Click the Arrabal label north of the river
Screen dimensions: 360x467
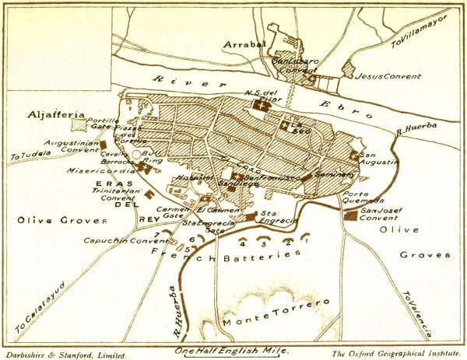click(245, 44)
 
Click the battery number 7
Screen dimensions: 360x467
click(157, 232)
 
